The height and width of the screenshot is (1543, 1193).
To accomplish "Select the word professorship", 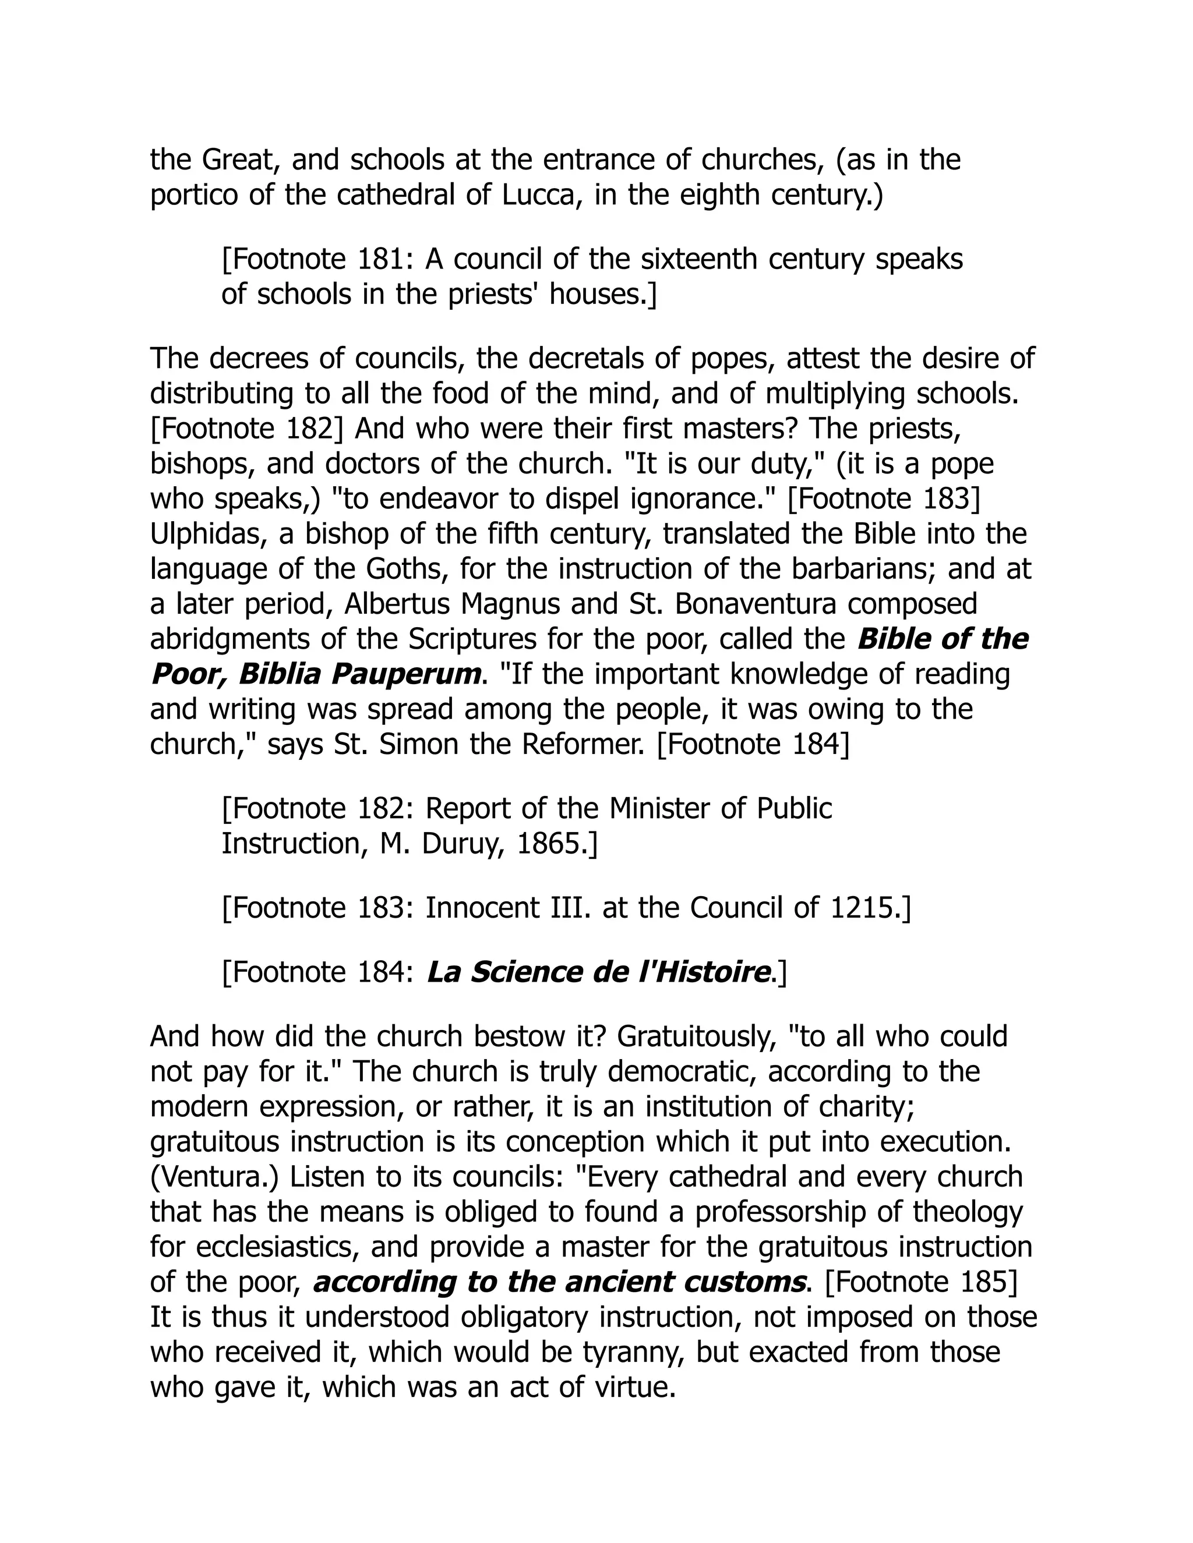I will pos(781,1212).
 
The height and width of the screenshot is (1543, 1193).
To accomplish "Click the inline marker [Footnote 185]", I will pos(922,1282).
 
